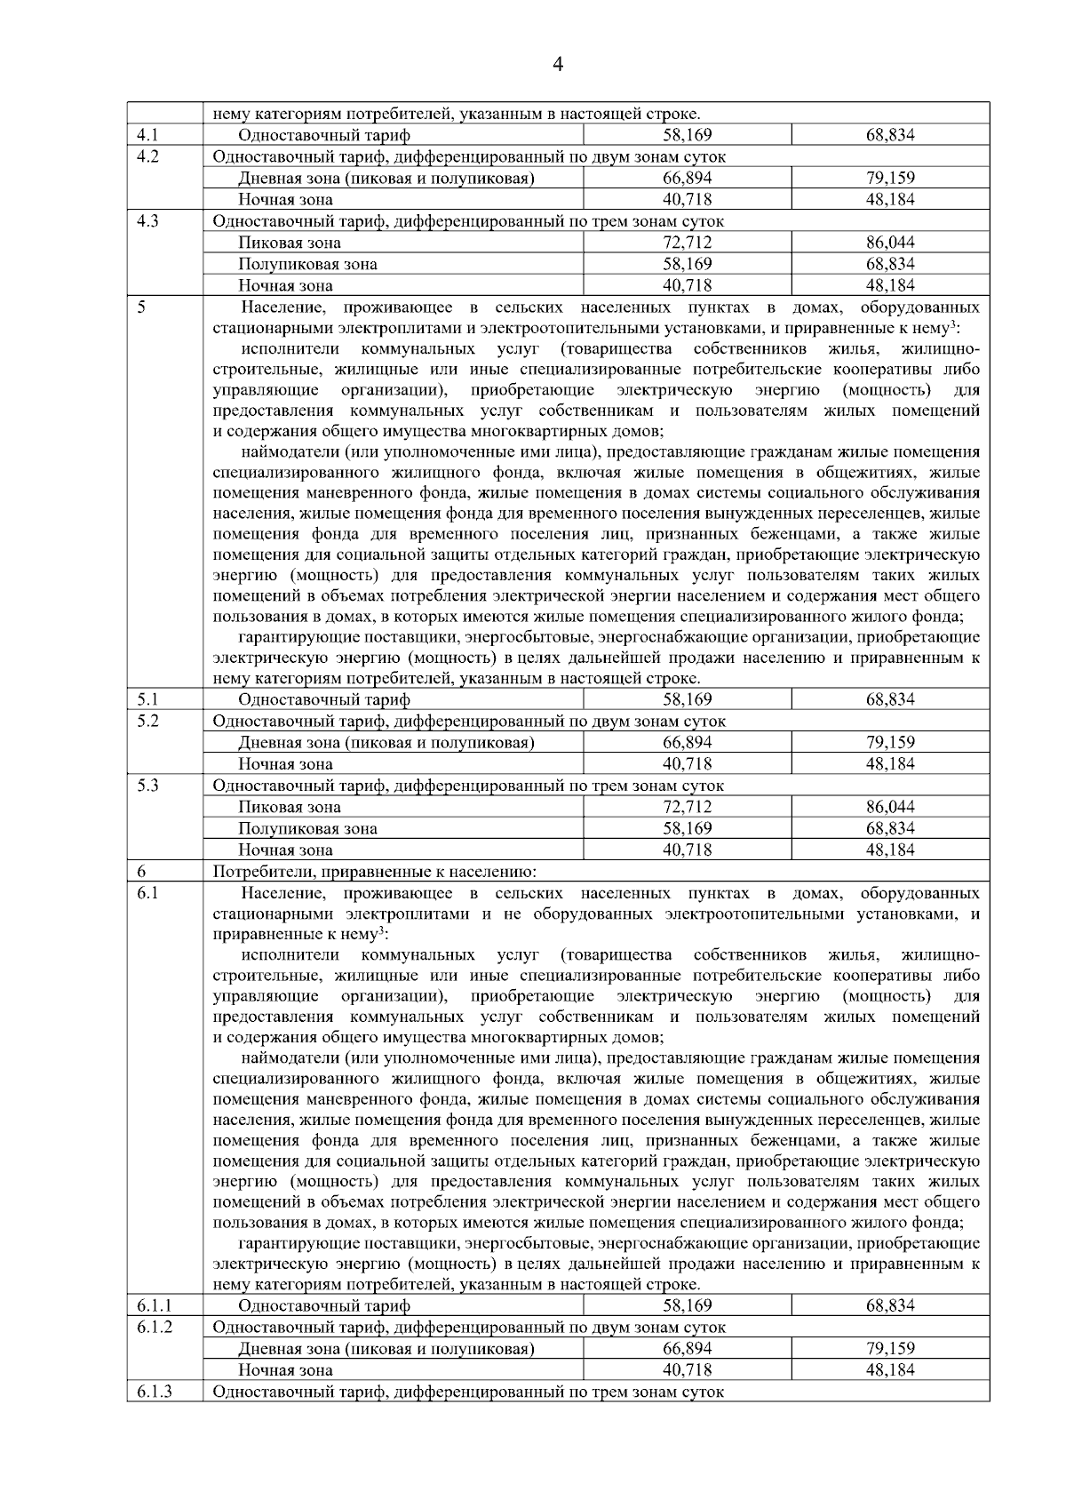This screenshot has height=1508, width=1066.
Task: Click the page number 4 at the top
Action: pyautogui.click(x=558, y=64)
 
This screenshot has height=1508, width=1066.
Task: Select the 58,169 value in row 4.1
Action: pyautogui.click(x=687, y=136)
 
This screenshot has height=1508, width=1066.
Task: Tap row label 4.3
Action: pyautogui.click(x=147, y=221)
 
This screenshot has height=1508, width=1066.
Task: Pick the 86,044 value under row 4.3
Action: pyautogui.click(x=890, y=243)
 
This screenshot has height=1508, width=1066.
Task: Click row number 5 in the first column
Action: pyautogui.click(x=142, y=307)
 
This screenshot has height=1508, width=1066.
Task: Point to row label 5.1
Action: pyautogui.click(x=147, y=699)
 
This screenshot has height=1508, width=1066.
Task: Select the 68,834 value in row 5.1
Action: pyautogui.click(x=890, y=699)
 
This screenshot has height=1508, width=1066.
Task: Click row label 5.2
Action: pyautogui.click(x=147, y=721)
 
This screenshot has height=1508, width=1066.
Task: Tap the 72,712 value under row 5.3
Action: pyautogui.click(x=687, y=807)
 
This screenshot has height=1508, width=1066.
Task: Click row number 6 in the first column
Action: pyautogui.click(x=142, y=871)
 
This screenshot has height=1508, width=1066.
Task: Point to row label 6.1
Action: pyautogui.click(x=147, y=893)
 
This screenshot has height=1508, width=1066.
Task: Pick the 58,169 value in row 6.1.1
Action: pyautogui.click(x=687, y=1305)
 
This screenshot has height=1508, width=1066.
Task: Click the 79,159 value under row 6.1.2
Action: pyautogui.click(x=890, y=1348)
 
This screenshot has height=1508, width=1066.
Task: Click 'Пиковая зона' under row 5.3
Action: pyautogui.click(x=289, y=807)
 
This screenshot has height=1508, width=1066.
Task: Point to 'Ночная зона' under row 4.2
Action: pyautogui.click(x=285, y=200)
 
